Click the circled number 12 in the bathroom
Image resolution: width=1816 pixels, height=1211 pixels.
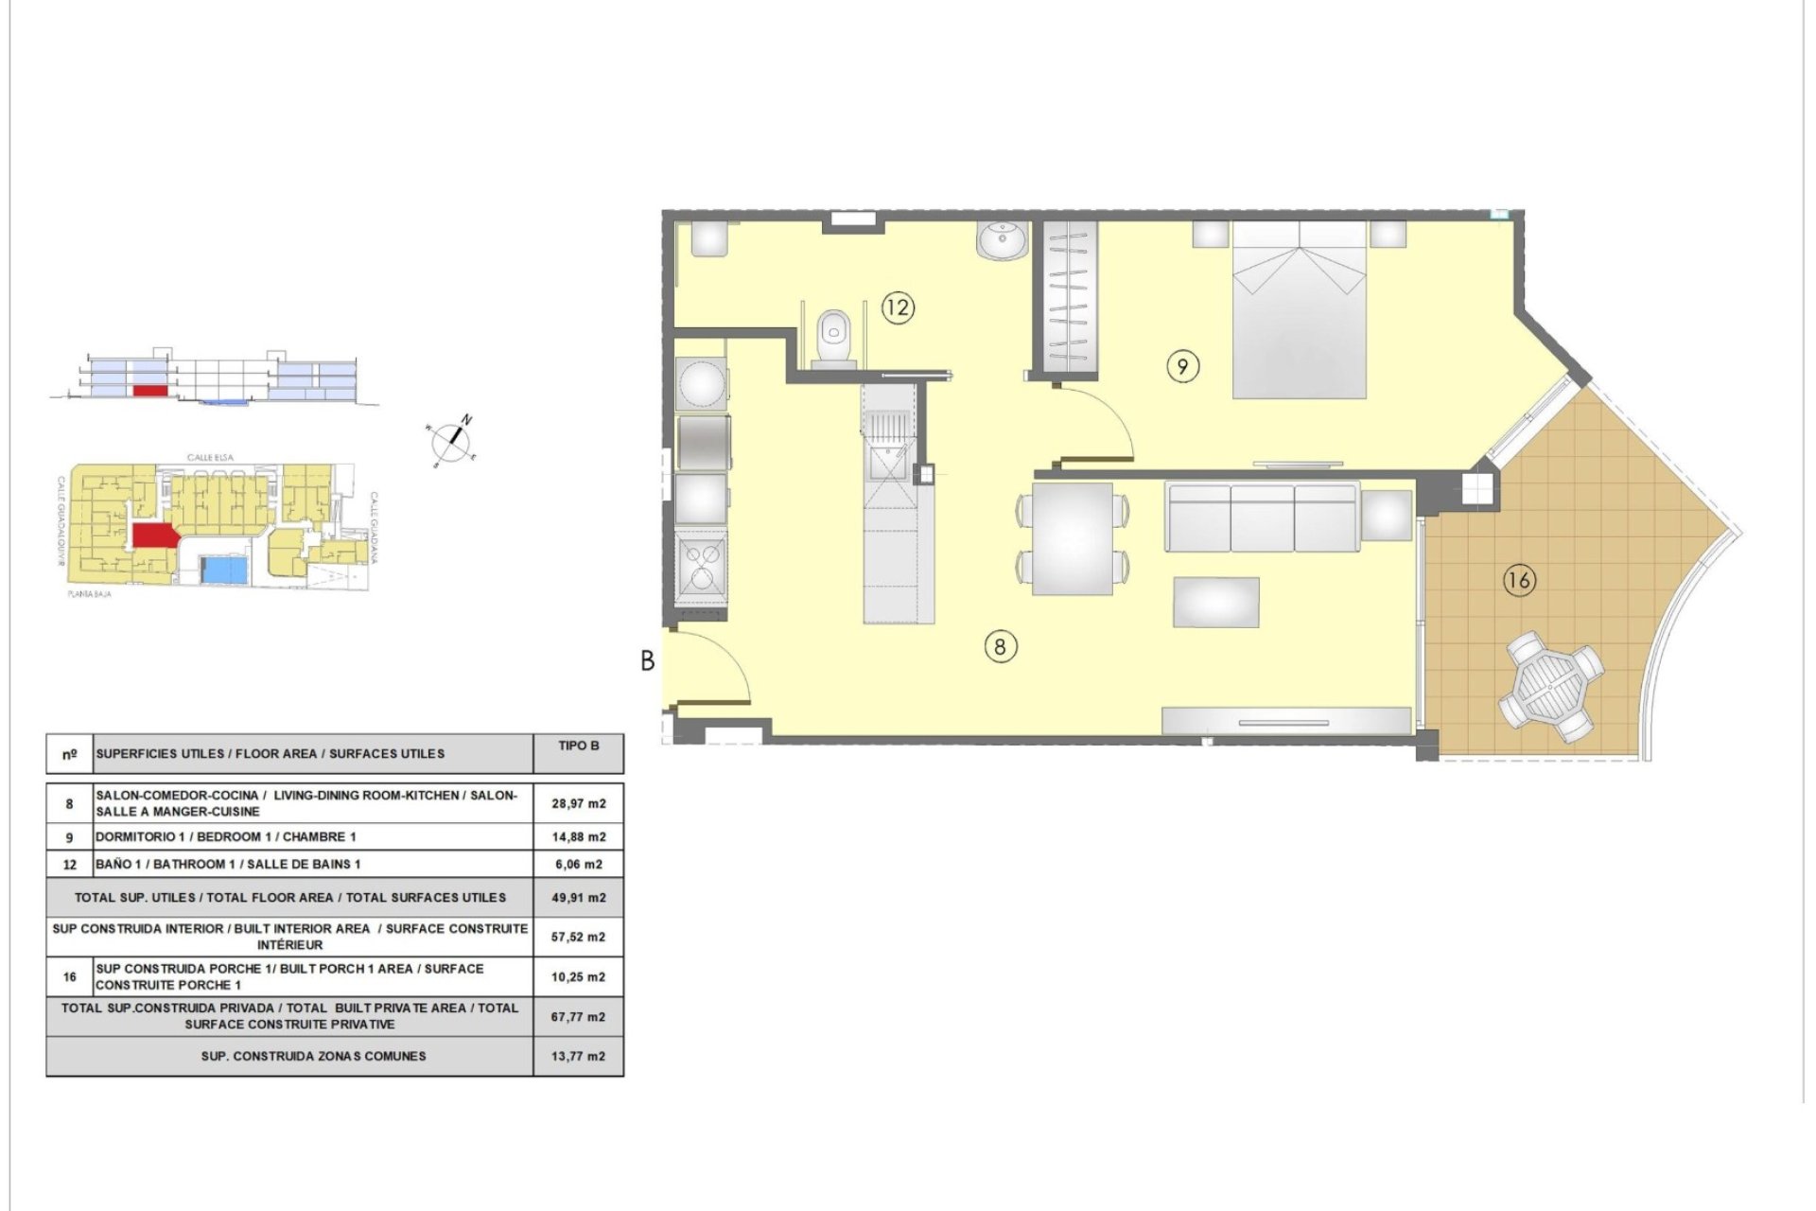(898, 307)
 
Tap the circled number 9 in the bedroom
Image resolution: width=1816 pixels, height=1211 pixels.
(1182, 366)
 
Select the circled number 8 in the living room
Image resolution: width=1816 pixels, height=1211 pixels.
(1000, 647)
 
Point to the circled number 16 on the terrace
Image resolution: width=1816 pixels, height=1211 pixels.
(1519, 580)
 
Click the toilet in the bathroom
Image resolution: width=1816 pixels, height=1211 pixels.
(833, 333)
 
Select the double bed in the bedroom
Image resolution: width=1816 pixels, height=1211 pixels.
(1300, 309)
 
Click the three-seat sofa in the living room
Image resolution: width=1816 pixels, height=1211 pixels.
(1263, 517)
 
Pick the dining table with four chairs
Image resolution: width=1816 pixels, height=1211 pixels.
(1073, 538)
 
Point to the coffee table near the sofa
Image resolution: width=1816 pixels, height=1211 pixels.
(1216, 602)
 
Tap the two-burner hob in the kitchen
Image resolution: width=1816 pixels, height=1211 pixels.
(701, 567)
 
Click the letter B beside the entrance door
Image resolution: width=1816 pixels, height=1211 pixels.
(648, 661)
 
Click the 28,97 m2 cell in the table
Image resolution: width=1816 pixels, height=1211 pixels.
(578, 803)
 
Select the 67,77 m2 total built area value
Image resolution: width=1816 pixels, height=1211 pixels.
(578, 1017)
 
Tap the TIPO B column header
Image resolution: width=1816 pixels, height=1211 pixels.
(578, 746)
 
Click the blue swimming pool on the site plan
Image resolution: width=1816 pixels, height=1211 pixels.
(226, 570)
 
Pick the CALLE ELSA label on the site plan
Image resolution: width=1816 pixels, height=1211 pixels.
(210, 458)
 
